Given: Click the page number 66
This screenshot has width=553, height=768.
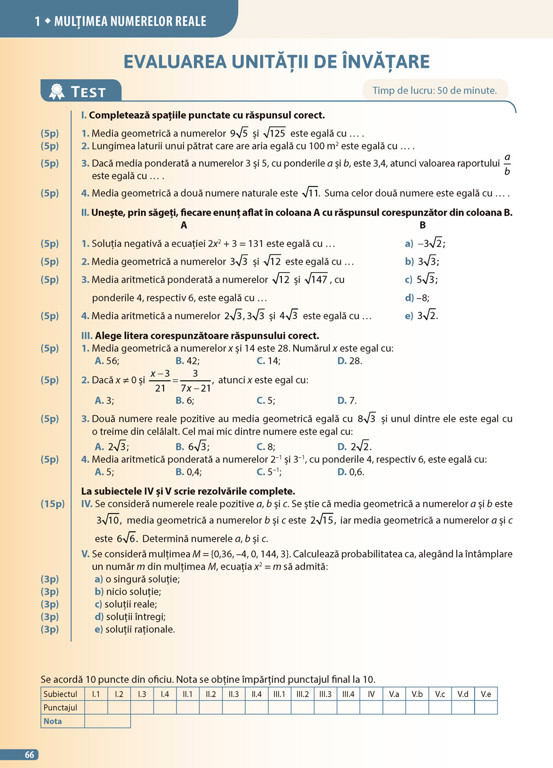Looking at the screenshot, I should pos(29,755).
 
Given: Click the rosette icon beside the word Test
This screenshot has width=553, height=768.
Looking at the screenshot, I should pos(57,92).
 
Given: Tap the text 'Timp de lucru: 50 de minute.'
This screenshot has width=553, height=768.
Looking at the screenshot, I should pos(434,91).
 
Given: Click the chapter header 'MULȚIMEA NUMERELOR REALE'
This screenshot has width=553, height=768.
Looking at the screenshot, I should pos(130,22).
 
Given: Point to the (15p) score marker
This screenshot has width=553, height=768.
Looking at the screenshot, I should pos(52,504).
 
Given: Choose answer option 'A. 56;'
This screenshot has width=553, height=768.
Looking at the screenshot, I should pos(107,361).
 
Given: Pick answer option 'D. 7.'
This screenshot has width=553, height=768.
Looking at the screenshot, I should pos(347,400).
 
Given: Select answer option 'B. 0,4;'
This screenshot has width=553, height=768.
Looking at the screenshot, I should pos(188,472).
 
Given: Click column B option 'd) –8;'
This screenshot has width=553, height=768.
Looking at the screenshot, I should pos(417,298).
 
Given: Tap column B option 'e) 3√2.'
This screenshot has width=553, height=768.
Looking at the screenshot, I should pos(421,316).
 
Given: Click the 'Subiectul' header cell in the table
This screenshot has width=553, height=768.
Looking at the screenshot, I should pos(60,694).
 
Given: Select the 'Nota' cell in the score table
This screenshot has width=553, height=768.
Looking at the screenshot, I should pos(53,721).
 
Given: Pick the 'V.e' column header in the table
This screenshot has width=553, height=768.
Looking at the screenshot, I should pos(486,694).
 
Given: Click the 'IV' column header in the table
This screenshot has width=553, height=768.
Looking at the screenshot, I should pos(371,694).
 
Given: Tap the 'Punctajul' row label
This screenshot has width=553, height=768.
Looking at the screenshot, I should pos(60,708).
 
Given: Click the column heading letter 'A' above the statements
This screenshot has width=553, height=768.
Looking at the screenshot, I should pos(184,225).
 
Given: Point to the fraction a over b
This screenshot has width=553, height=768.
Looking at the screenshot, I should pos(507,164).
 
